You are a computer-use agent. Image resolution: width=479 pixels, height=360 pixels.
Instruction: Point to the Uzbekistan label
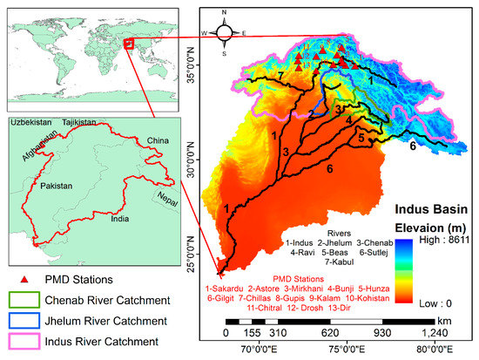(31, 126)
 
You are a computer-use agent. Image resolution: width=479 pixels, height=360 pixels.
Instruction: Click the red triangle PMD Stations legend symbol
(22, 279)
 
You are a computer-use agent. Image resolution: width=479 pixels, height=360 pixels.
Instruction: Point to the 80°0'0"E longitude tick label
(433, 350)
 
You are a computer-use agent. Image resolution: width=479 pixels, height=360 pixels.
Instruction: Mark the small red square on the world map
(129, 42)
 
